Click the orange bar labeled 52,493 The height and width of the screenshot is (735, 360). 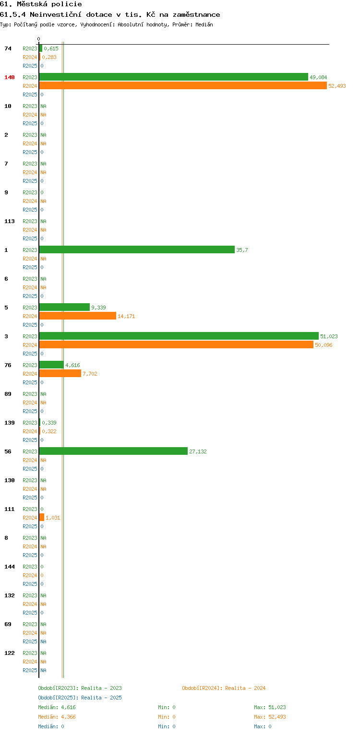183,86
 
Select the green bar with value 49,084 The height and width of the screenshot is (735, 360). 174,77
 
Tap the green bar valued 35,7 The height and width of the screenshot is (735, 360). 137,249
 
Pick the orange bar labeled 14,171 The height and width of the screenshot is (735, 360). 78,316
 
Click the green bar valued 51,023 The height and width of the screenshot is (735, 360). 179,336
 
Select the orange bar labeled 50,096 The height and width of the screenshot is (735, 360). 176,344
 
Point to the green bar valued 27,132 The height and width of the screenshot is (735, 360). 113,451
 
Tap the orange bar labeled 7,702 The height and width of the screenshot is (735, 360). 60,373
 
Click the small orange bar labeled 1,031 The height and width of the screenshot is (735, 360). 42,518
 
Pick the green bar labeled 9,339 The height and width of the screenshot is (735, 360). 64,307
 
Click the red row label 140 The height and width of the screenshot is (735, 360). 10,77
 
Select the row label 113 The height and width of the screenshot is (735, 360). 10,221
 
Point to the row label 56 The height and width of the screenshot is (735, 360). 8,451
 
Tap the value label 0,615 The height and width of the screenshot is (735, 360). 51,48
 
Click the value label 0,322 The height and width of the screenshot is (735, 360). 49,431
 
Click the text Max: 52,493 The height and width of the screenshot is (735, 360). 270,717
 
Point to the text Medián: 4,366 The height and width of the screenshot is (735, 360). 57,717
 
